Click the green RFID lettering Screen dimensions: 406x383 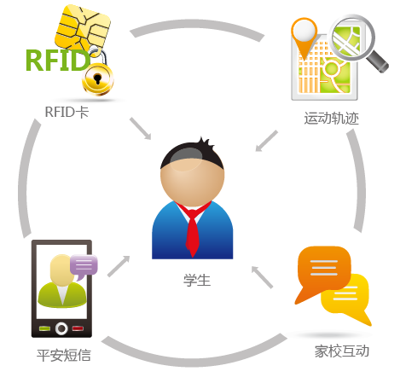tap(58, 60)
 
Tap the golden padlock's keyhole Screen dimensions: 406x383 tap(97, 78)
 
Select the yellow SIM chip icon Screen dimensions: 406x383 tap(83, 29)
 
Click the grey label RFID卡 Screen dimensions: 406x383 tap(67, 112)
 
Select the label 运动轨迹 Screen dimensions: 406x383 tap(332, 118)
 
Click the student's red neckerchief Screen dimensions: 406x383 tap(193, 228)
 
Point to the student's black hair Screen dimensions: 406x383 tap(192, 155)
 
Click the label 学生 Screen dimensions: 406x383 tap(197, 280)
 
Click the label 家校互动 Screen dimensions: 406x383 tap(342, 351)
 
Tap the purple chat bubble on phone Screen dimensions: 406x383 tap(84, 266)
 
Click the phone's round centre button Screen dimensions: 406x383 tap(61, 328)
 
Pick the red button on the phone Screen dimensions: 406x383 tap(78, 328)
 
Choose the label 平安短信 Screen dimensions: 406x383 tap(64, 356)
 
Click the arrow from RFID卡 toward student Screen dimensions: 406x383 tap(141, 129)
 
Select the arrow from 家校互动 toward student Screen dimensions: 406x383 tap(262, 277)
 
